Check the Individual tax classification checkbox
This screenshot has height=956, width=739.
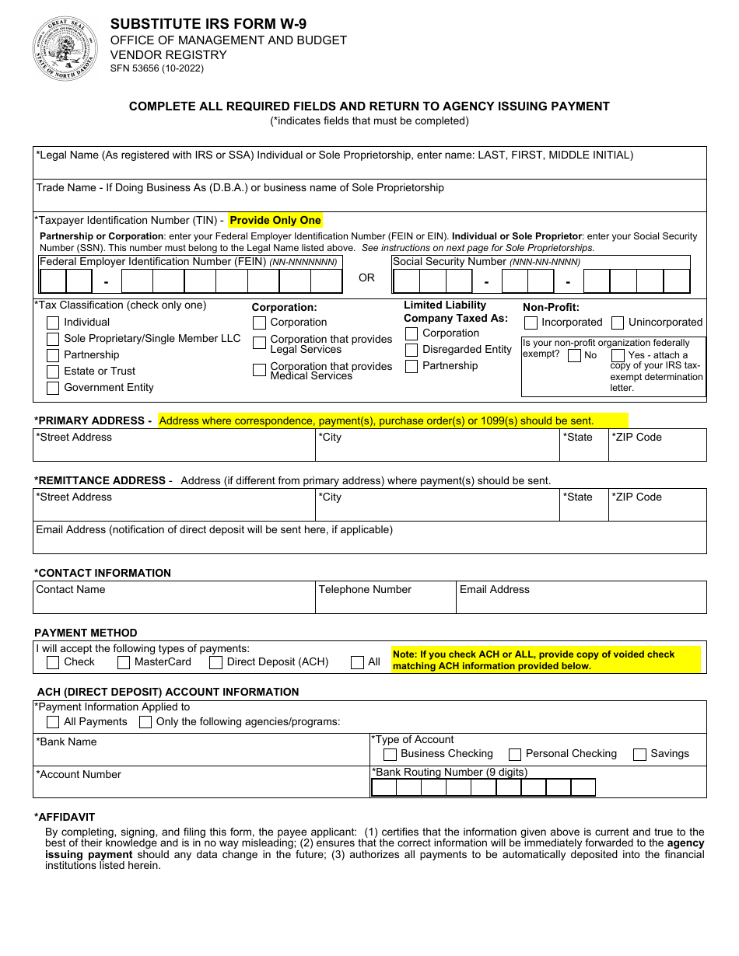[x=53, y=323]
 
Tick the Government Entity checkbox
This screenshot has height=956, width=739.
[x=53, y=388]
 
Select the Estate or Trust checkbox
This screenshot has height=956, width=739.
[x=53, y=372]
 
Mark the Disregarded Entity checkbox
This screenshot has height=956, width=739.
[x=412, y=350]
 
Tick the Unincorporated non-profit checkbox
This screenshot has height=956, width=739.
[x=618, y=323]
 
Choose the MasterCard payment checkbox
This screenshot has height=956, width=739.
[x=124, y=662]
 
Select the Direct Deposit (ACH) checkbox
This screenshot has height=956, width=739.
[x=216, y=662]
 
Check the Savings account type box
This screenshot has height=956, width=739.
[x=640, y=754]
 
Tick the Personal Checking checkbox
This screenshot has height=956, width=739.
[x=515, y=754]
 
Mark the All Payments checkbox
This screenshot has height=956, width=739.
[x=53, y=722]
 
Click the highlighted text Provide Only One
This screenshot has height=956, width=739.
[x=275, y=221]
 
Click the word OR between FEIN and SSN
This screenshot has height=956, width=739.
[x=366, y=278]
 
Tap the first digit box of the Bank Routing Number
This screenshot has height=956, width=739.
[x=384, y=787]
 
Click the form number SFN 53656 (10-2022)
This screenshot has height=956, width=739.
[x=157, y=68]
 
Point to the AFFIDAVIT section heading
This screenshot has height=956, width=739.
[x=65, y=817]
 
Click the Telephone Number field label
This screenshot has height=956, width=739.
[x=365, y=590]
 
